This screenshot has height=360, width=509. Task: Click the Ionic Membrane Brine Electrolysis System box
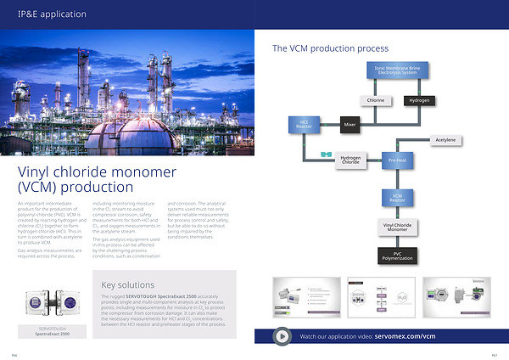click(x=396, y=70)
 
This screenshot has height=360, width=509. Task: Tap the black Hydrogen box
click(x=418, y=100)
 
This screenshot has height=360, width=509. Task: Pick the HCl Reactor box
click(x=304, y=125)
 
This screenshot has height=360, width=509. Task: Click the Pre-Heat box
click(x=397, y=160)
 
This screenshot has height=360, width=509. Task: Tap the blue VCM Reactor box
click(x=397, y=198)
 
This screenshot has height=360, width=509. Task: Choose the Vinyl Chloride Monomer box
click(x=397, y=228)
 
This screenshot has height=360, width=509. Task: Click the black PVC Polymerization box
click(x=397, y=256)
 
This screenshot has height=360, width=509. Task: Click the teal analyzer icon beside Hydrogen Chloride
click(x=325, y=155)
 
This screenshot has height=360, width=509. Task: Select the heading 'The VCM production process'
click(x=330, y=49)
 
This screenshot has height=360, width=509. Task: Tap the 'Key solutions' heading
click(x=127, y=284)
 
